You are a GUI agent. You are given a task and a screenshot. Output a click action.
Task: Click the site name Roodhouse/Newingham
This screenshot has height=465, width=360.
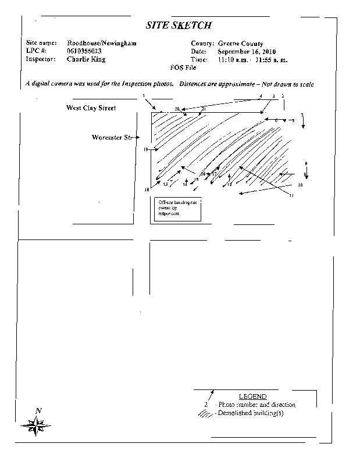[101, 44]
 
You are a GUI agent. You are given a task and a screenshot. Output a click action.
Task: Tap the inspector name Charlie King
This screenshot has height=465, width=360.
[86, 59]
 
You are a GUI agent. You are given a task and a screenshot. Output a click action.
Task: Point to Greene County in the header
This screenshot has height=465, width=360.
[240, 44]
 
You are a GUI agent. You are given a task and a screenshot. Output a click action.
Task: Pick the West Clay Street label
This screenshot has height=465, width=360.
[91, 108]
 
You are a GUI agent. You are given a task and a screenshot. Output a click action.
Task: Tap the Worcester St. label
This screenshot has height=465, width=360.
[111, 138]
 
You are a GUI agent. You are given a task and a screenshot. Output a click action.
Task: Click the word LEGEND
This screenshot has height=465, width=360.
[252, 396]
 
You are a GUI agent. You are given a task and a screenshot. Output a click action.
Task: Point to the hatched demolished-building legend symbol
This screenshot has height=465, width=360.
[205, 413]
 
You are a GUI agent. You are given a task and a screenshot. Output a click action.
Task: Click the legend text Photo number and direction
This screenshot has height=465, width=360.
[256, 405]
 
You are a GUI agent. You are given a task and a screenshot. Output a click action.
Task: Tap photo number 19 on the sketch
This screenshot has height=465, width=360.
[146, 150]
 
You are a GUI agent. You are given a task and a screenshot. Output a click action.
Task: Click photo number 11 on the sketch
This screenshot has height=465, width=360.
[292, 195]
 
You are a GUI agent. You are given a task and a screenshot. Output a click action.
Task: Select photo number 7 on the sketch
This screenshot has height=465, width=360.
[302, 115]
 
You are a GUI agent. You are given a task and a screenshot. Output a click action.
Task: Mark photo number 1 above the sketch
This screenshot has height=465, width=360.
[143, 95]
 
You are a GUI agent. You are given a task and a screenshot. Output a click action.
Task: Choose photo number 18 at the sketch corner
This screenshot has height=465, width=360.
[147, 189]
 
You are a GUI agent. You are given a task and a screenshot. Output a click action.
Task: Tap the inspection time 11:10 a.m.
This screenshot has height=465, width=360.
[231, 60]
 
